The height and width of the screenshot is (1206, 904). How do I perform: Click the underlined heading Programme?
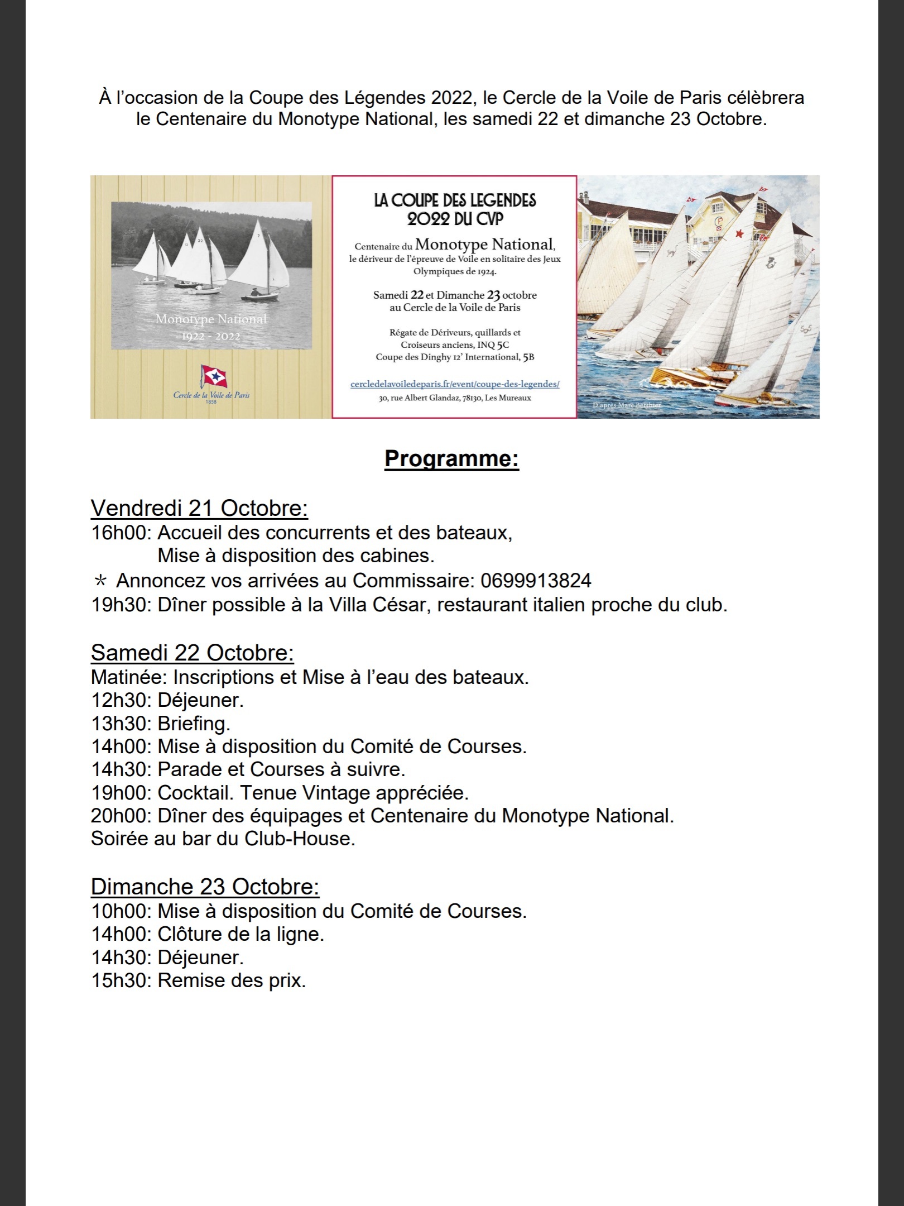point(451,460)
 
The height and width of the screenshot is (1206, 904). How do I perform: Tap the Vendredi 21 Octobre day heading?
point(199,509)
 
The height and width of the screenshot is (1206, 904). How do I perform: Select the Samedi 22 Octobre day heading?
point(193,653)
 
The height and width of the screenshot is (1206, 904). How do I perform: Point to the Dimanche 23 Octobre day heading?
point(205,887)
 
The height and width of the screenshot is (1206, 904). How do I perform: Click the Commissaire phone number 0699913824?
point(535,581)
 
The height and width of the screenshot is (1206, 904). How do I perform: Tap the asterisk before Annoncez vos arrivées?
point(100,581)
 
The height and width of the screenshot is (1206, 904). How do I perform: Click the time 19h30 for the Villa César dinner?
point(120,605)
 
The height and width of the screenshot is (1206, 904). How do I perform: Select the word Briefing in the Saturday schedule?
point(193,724)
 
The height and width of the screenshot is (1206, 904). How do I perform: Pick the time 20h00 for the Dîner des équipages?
point(120,816)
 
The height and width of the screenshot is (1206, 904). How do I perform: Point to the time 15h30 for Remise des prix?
point(120,980)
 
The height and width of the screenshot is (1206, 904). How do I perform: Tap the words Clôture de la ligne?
point(241,934)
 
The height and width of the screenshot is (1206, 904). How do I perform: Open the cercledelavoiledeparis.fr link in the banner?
point(454,384)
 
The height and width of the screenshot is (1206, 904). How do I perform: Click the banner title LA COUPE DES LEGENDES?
point(455,200)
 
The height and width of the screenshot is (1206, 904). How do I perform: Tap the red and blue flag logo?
point(211,377)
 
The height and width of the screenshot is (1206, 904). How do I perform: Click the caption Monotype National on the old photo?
point(211,319)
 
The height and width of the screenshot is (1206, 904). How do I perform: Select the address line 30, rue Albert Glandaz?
point(454,398)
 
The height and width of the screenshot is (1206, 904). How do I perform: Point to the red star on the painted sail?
point(740,233)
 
